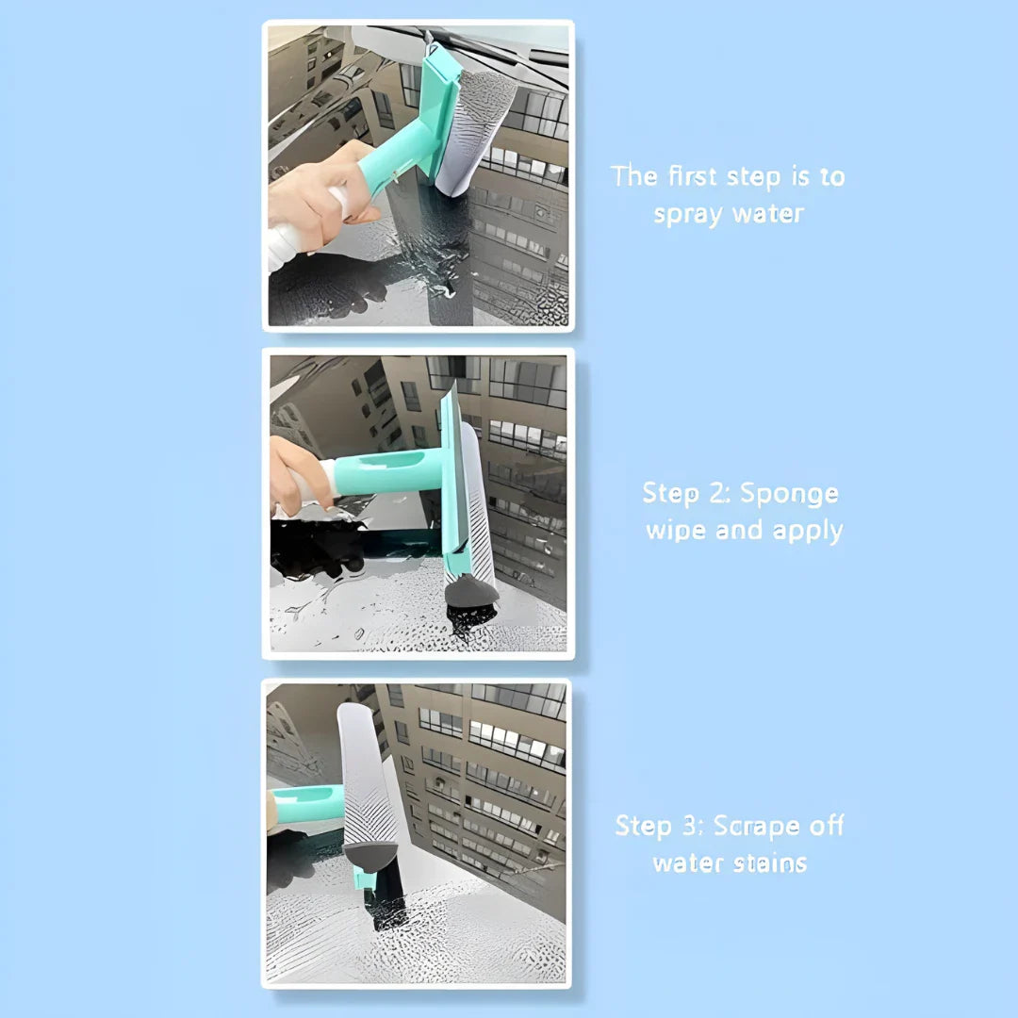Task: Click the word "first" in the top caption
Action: point(693,176)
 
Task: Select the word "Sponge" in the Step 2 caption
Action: point(790,494)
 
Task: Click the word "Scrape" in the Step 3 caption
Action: point(756,827)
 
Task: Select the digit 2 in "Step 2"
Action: point(716,493)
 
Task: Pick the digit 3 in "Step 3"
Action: point(689,825)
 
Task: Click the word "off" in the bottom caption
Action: point(827,826)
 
